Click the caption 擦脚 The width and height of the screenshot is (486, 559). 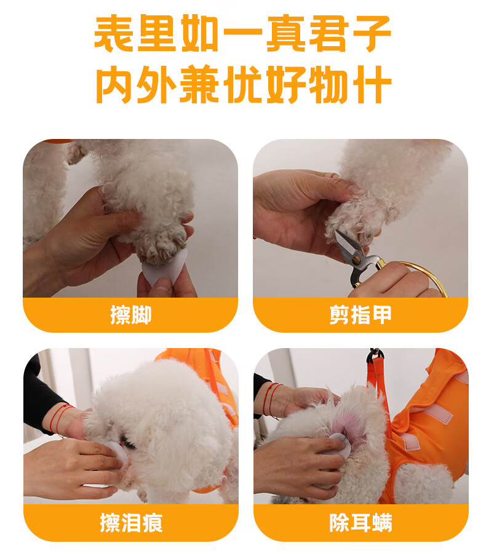[x=131, y=314]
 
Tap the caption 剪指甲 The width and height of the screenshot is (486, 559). [x=361, y=314]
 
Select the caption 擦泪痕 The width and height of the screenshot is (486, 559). [x=131, y=523]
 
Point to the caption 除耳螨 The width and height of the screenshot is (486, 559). [x=361, y=523]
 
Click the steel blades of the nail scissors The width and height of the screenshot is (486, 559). [x=346, y=250]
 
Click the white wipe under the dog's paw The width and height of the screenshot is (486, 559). [x=165, y=268]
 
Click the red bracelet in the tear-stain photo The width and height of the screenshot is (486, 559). [x=60, y=419]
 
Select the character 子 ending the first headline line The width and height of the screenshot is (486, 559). [x=372, y=34]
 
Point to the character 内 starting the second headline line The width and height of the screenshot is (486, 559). [x=114, y=84]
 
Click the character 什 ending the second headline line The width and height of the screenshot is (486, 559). [x=372, y=84]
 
